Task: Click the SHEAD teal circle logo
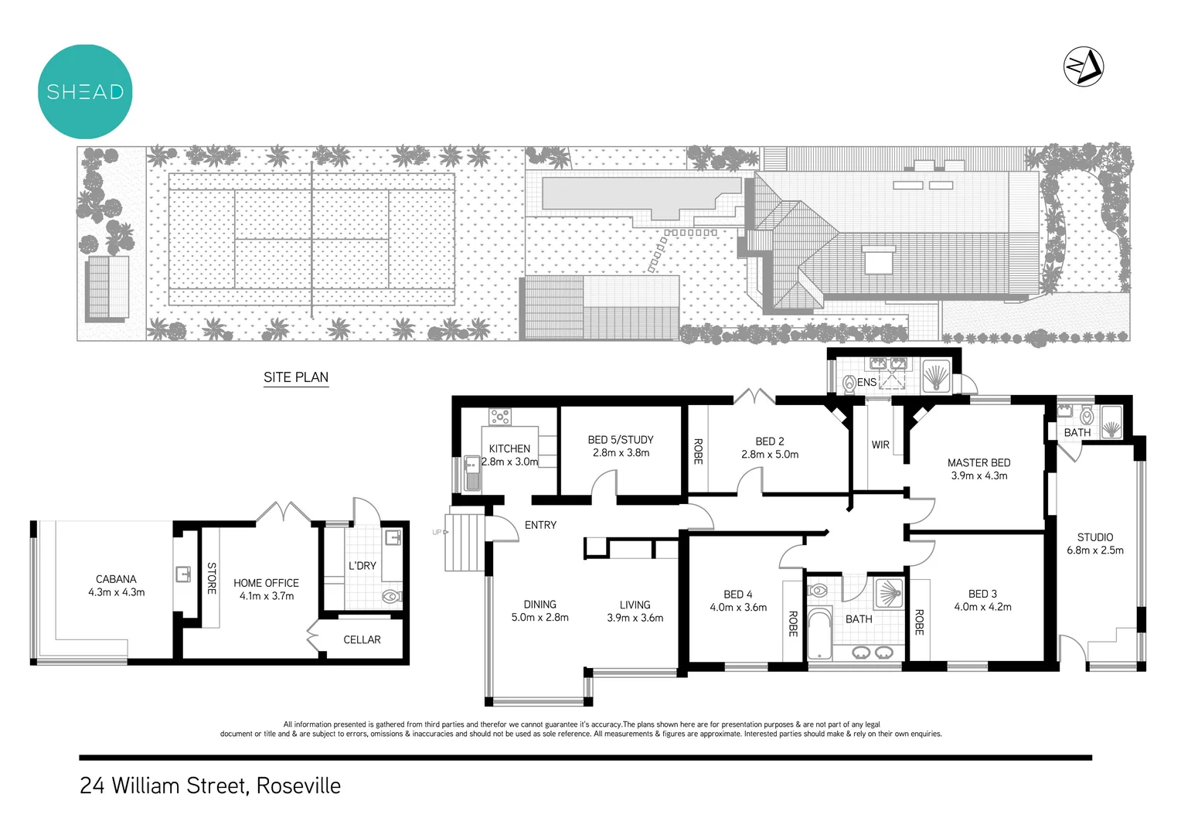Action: (x=85, y=91)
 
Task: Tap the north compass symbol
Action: (x=1084, y=66)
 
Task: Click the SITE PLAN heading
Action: (x=296, y=377)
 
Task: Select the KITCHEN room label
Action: (x=509, y=448)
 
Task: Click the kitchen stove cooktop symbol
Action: (x=499, y=417)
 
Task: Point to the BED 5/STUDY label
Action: (x=621, y=439)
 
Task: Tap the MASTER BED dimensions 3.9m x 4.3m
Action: (x=978, y=475)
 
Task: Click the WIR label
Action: (x=880, y=445)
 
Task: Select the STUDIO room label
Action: (x=1095, y=537)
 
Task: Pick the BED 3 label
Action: (x=982, y=594)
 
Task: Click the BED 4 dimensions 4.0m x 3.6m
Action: (x=738, y=607)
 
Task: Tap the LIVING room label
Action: (x=635, y=605)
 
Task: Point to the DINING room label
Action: (x=539, y=604)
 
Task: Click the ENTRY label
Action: (x=540, y=525)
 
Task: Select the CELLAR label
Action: (x=362, y=639)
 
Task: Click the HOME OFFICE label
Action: (x=266, y=583)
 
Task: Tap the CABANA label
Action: (x=116, y=578)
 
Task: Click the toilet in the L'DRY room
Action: (x=392, y=596)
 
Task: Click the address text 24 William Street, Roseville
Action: (x=210, y=786)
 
